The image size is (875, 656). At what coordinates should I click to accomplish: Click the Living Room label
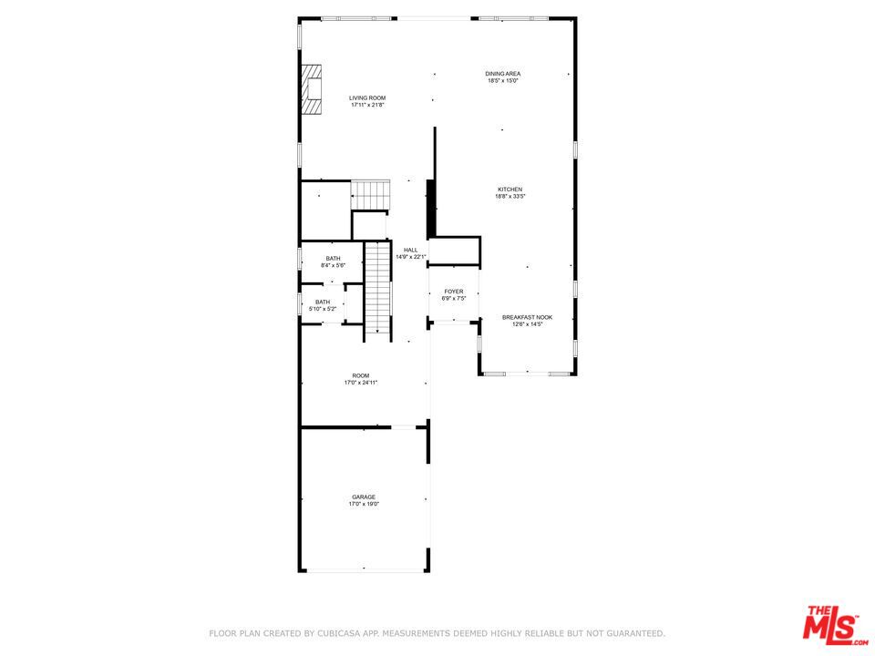pos(368,97)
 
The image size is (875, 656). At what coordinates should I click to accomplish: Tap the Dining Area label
pos(502,74)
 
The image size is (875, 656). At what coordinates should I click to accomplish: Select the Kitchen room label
pos(510,190)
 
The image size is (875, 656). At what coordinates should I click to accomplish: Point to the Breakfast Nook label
pos(527,317)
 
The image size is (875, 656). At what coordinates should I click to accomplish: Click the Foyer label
pos(454,292)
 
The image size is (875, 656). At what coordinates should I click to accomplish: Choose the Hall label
pos(410,250)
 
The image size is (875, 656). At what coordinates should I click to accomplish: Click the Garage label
pos(364,497)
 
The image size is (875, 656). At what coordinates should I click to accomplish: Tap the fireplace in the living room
pos(313,88)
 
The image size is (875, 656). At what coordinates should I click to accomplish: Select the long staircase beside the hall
pos(377,287)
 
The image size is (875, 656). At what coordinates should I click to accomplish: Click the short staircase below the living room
pos(371,194)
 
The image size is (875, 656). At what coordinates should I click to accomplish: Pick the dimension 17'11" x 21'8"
pos(368,105)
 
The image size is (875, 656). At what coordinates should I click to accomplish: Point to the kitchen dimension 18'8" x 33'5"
pos(510,197)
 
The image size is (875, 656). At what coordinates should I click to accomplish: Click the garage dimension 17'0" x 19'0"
pos(364,504)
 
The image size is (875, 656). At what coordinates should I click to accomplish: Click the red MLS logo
pos(830,625)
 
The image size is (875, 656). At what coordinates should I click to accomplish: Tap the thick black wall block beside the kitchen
pos(431,210)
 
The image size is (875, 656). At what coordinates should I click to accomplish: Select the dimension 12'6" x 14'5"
pos(527,324)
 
